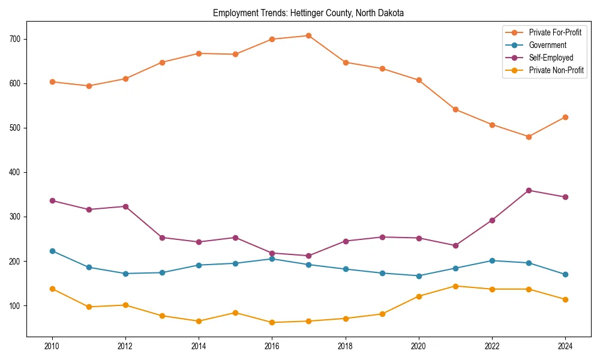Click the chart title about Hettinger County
[x=308, y=13]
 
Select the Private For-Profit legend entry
[x=555, y=32]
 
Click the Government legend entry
[x=547, y=45]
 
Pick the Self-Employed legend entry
[x=551, y=58]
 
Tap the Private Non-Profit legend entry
[x=556, y=70]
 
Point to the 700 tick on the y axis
[x=14, y=39]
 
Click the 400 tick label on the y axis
[x=14, y=172]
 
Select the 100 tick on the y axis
[x=14, y=305]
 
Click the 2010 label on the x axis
[x=52, y=346]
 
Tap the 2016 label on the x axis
[x=272, y=346]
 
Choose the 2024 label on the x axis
[x=565, y=346]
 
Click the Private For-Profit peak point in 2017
[x=308, y=35]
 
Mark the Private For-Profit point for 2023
[x=529, y=137]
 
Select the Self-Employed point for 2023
[x=529, y=190]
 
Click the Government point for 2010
[x=52, y=251]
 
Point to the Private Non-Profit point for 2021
[x=455, y=286]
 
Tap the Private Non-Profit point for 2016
[x=272, y=322]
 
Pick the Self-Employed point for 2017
[x=308, y=256]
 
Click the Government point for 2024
[x=565, y=274]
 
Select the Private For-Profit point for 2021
[x=455, y=109]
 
